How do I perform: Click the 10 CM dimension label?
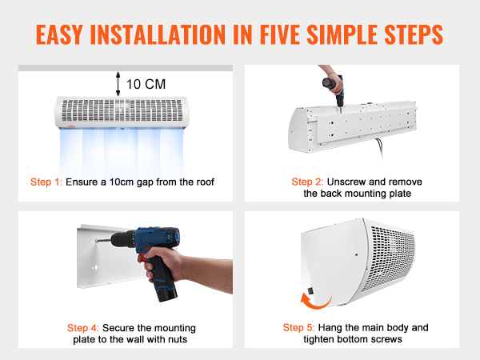pyautogui.click(x=146, y=83)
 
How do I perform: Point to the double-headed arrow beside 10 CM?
pyautogui.click(x=118, y=82)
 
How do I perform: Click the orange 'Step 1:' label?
pyautogui.click(x=46, y=182)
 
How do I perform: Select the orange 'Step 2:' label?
pyautogui.click(x=308, y=182)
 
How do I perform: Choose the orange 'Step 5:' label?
pyautogui.click(x=299, y=328)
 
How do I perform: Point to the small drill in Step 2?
pyautogui.click(x=330, y=90)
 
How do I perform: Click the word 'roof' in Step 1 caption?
pyautogui.click(x=202, y=182)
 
